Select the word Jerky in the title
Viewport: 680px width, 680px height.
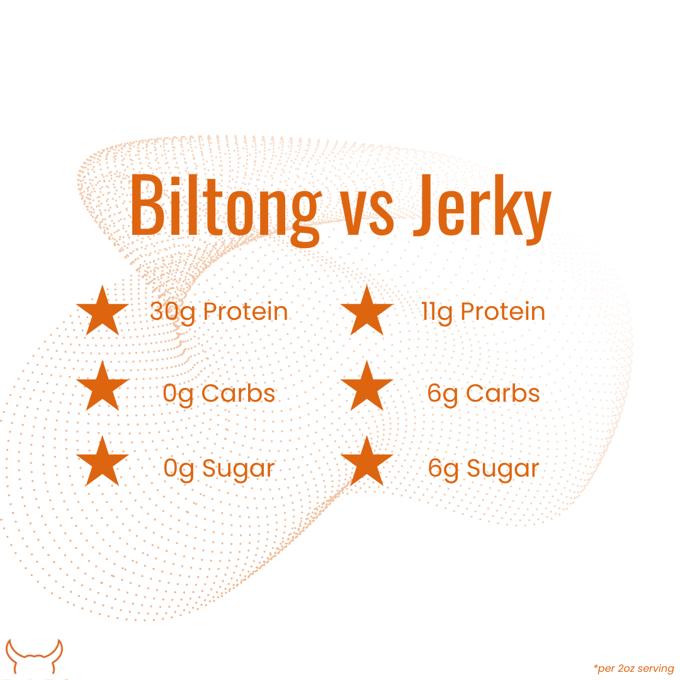click(482, 210)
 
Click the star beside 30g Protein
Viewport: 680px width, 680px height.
click(103, 310)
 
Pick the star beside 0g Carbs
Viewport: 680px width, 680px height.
click(103, 386)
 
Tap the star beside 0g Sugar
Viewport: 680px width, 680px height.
click(103, 462)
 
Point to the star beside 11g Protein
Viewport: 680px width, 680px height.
click(367, 310)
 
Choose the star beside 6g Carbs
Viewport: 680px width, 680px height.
click(367, 386)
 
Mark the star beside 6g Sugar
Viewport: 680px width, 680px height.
click(367, 462)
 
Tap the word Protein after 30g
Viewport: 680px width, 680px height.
click(246, 312)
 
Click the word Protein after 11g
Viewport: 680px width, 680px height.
click(502, 312)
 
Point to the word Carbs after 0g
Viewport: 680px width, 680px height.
click(238, 394)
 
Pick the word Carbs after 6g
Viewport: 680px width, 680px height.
click(503, 394)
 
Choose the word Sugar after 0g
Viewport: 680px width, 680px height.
click(239, 470)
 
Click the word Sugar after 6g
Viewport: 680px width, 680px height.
click(503, 470)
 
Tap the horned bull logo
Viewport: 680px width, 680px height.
click(34, 657)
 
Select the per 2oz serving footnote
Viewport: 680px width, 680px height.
click(633, 668)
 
